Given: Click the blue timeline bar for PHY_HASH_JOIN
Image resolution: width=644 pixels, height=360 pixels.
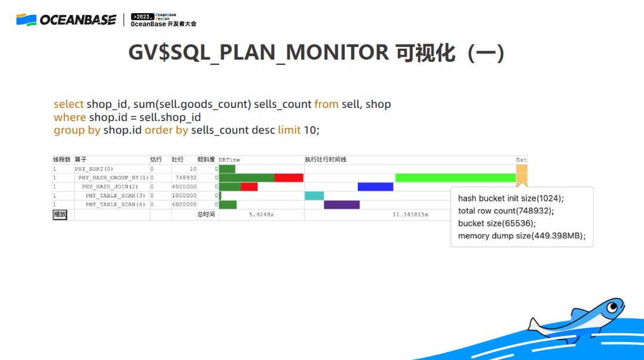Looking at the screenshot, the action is tap(376, 187).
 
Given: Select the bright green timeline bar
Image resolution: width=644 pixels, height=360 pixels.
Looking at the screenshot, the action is tap(456, 178).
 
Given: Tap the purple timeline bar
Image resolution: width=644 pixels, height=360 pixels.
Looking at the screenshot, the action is tap(342, 204).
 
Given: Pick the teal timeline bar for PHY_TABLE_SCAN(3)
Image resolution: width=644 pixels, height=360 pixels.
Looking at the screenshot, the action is tap(314, 195).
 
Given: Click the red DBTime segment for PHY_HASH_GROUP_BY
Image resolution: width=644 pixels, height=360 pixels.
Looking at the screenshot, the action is tap(289, 178).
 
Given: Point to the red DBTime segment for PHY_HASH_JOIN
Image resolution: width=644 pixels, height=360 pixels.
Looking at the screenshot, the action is tap(249, 187).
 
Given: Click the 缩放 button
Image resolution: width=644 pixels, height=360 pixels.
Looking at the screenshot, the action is tap(60, 215).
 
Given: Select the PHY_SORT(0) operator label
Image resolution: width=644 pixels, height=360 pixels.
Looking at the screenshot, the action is tap(94, 169).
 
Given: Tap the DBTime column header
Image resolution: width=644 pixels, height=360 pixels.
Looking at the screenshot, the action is tap(229, 160).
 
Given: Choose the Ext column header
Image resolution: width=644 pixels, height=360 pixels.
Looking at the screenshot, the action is tap(521, 160).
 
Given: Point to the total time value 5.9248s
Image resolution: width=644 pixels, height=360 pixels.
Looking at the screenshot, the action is tap(261, 215).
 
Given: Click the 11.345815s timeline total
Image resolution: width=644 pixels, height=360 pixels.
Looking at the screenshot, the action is tap(410, 215).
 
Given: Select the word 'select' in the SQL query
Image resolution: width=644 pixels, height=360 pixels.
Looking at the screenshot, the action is tap(69, 104).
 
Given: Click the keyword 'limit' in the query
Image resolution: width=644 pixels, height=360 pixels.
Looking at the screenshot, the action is tap(289, 130).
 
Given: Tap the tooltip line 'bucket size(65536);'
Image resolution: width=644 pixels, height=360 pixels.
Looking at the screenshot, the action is tap(497, 224).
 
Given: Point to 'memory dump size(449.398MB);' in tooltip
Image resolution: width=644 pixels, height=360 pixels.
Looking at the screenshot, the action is tap(522, 236).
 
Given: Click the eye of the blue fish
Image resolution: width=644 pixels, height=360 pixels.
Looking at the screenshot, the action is tap(613, 307).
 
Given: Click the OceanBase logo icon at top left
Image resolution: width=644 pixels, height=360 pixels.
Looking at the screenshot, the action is tap(26, 20).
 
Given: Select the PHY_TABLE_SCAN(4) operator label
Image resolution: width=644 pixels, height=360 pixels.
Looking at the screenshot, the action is tap(115, 204).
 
